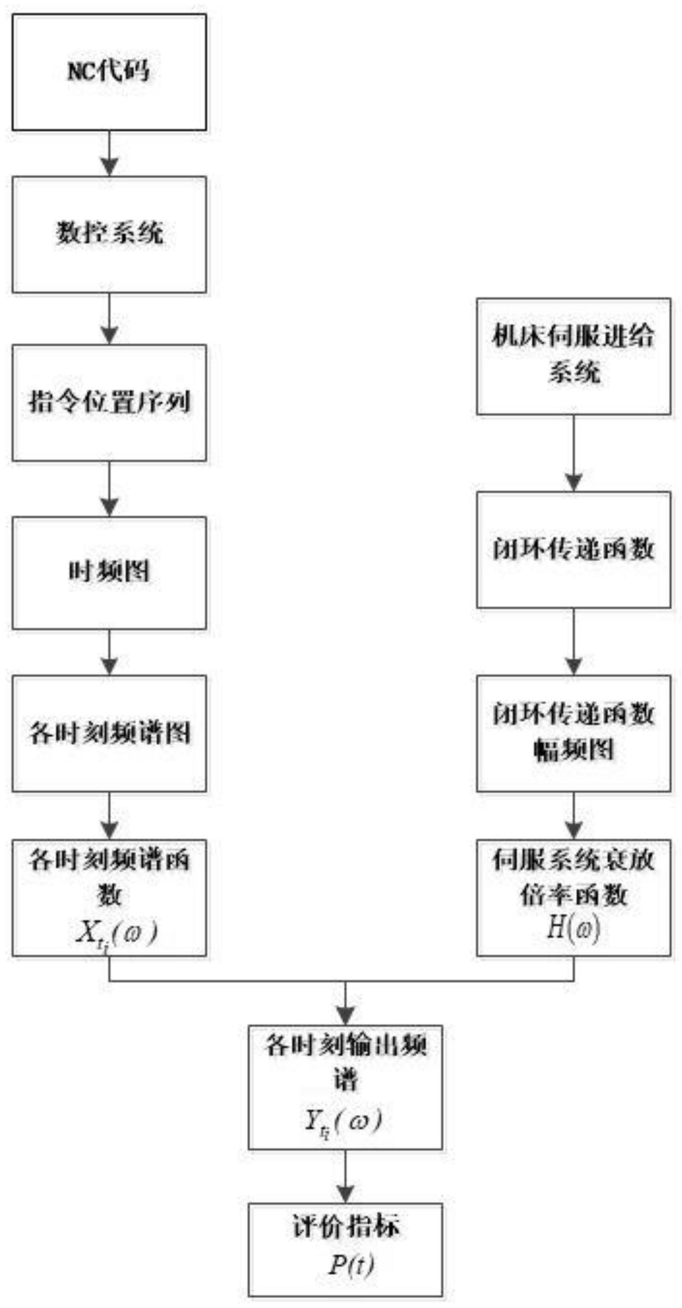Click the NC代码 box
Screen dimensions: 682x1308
tap(109, 72)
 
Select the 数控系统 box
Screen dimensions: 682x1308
tap(109, 234)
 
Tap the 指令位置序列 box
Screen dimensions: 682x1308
tap(109, 403)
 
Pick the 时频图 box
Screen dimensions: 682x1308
tap(109, 573)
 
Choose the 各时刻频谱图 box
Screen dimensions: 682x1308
tap(109, 734)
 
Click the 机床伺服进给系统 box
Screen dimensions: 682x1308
tap(574, 356)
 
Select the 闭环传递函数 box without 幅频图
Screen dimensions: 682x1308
tap(574, 550)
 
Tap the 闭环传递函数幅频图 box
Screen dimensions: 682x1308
tap(574, 734)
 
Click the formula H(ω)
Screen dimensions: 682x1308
tap(574, 930)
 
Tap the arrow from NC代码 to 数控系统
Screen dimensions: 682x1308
tap(109, 153)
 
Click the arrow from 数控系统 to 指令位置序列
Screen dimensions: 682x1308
tap(109, 318)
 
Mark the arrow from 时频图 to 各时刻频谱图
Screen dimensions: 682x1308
tap(109, 652)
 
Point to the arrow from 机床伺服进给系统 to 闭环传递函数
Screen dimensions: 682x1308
tap(574, 453)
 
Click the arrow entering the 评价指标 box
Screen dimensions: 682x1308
tap(345, 1178)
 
